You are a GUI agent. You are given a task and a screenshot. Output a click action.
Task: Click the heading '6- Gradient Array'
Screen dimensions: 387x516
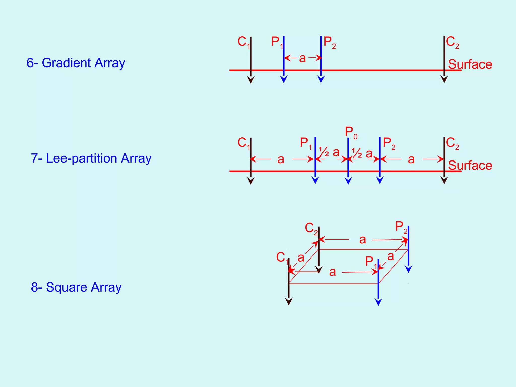pyautogui.click(x=76, y=63)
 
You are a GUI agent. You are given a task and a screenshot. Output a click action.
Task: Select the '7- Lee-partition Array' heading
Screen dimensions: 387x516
pyautogui.click(x=91, y=158)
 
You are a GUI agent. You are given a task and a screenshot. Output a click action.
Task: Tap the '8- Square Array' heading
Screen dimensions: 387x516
pyautogui.click(x=76, y=287)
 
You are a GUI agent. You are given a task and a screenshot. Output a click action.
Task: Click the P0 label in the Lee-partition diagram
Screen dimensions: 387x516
pyautogui.click(x=351, y=132)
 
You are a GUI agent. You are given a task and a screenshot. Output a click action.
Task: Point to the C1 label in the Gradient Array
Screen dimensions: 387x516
pyautogui.click(x=243, y=42)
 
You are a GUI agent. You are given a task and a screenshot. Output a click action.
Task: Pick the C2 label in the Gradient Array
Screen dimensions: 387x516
pyautogui.click(x=452, y=42)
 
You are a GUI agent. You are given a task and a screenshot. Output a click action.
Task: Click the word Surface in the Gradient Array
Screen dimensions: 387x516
pyautogui.click(x=470, y=64)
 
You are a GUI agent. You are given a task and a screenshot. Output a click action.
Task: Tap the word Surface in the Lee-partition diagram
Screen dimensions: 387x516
pyautogui.click(x=470, y=166)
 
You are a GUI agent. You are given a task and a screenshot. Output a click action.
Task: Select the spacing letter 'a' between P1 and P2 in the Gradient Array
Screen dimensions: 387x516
pyautogui.click(x=302, y=58)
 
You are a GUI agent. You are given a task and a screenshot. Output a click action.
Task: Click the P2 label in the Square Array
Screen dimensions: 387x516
pyautogui.click(x=401, y=227)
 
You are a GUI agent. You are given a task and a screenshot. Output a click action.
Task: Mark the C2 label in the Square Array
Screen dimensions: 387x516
pyautogui.click(x=311, y=228)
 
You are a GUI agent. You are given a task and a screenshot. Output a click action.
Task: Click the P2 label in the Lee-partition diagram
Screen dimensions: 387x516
pyautogui.click(x=389, y=143)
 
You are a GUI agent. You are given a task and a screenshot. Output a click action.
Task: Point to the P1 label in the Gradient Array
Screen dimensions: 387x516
pyautogui.click(x=277, y=42)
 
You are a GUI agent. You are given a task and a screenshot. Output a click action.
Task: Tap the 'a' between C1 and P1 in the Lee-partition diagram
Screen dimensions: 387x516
pyautogui.click(x=281, y=159)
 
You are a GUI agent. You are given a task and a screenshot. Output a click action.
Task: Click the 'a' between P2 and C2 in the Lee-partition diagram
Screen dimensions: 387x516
pyautogui.click(x=411, y=159)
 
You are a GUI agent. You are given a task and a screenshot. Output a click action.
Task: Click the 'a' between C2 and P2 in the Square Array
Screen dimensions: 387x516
pyautogui.click(x=362, y=240)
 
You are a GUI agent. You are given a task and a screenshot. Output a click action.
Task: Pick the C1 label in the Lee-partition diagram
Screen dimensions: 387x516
pyautogui.click(x=243, y=143)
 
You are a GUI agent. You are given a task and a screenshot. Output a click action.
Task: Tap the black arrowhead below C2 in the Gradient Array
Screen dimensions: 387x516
pyautogui.click(x=444, y=79)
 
